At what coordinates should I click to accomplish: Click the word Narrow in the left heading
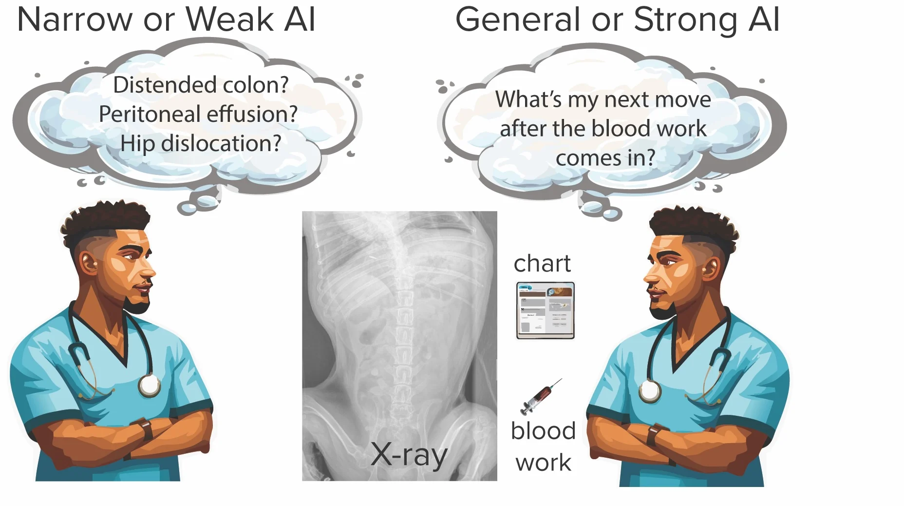(75, 20)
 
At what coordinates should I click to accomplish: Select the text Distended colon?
(201, 85)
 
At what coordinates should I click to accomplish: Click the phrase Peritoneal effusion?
(198, 114)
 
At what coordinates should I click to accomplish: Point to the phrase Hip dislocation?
(201, 143)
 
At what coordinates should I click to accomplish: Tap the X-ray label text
(409, 455)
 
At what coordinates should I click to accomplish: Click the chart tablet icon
(545, 311)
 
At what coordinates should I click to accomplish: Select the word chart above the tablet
(542, 264)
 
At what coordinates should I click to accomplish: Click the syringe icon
(541, 396)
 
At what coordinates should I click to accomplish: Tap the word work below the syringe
(543, 462)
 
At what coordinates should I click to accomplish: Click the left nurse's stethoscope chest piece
(149, 385)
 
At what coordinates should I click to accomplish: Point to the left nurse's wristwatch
(145, 429)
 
